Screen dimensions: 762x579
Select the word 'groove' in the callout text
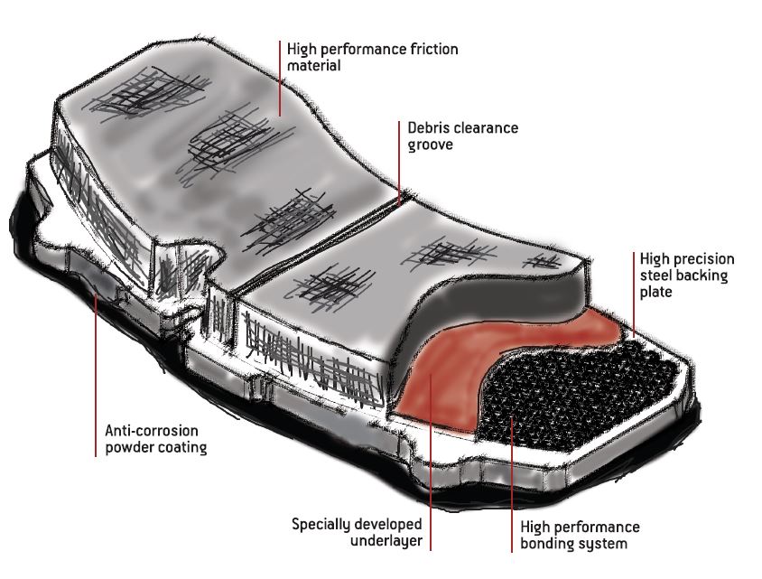click(430, 145)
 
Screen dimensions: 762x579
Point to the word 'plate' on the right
click(655, 292)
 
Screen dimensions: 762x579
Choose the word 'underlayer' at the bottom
click(386, 540)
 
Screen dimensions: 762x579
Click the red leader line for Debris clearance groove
click(399, 163)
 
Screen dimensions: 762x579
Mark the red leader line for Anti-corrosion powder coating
click(96, 375)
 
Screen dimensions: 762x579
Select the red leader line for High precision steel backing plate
click(634, 294)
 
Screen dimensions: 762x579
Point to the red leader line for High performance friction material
click(280, 79)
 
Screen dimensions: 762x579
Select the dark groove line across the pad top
click(316, 247)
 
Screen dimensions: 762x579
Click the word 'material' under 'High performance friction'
click(313, 66)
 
